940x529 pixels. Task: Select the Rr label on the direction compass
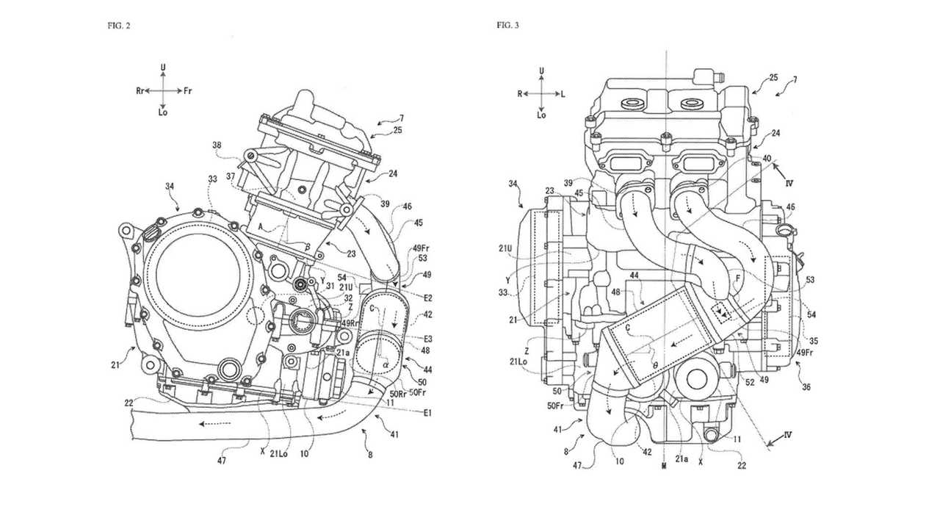[140, 90]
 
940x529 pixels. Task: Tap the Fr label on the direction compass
[188, 90]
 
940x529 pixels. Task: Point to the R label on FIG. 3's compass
[519, 93]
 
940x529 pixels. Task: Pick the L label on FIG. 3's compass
[563, 93]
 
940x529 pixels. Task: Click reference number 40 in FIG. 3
[767, 158]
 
